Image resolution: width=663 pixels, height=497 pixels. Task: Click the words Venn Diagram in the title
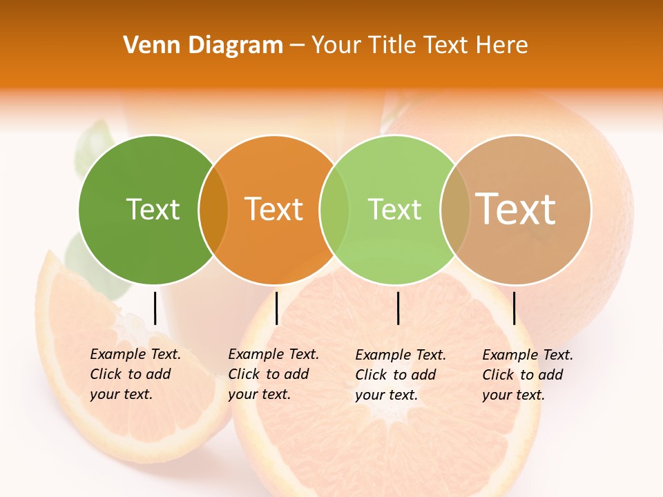pyautogui.click(x=203, y=46)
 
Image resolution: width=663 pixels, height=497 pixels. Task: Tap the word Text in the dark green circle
pyautogui.click(x=153, y=209)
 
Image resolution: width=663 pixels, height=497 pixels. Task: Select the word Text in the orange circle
pyautogui.click(x=274, y=209)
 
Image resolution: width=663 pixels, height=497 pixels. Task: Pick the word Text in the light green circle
pyautogui.click(x=394, y=209)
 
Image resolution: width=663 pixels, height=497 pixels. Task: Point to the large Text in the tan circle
pyautogui.click(x=516, y=208)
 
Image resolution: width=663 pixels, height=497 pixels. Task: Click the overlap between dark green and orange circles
pyautogui.click(x=213, y=210)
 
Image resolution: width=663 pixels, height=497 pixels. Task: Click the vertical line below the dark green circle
pyautogui.click(x=155, y=308)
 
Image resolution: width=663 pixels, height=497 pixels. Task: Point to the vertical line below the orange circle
pyautogui.click(x=276, y=308)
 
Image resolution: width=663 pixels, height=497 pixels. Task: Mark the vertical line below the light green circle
pyautogui.click(x=398, y=308)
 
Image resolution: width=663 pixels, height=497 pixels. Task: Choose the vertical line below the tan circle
pyautogui.click(x=514, y=308)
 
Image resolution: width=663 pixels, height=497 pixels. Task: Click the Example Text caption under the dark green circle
pyautogui.click(x=135, y=374)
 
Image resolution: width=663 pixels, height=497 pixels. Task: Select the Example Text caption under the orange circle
pyautogui.click(x=273, y=374)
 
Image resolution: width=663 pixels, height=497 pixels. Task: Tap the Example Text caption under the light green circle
pyautogui.click(x=400, y=375)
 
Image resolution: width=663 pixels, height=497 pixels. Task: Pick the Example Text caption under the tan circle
pyautogui.click(x=527, y=375)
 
